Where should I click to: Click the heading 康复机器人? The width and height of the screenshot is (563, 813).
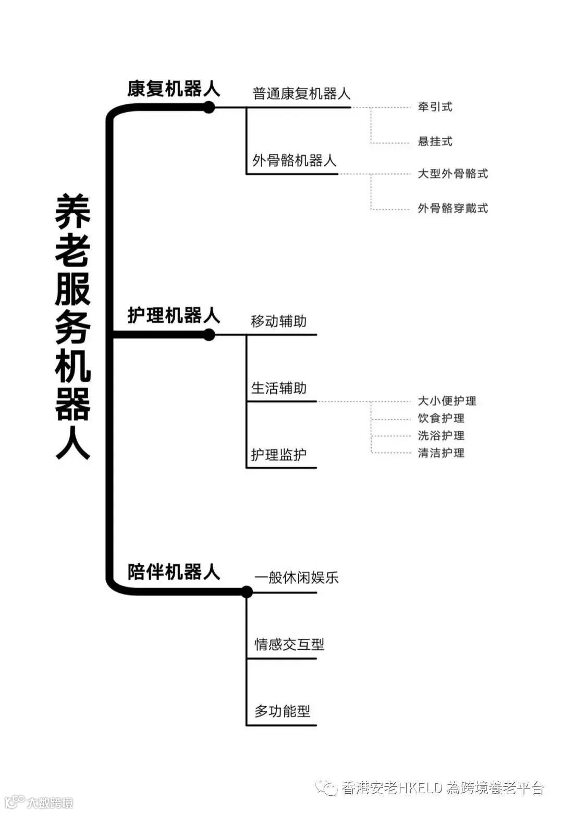[x=174, y=89]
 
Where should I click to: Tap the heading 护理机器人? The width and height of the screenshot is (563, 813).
[x=174, y=316]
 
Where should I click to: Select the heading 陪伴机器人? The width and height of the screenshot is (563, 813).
[x=174, y=572]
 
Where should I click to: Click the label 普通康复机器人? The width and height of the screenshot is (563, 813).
[x=301, y=94]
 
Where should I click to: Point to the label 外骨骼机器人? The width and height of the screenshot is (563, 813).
[x=295, y=161]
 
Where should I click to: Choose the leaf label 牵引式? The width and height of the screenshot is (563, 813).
[x=435, y=107]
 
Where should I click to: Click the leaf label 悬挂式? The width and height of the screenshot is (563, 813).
[x=435, y=141]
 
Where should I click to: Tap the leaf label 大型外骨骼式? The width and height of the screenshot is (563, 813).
[x=452, y=174]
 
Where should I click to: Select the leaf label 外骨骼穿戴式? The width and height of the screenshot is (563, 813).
[x=452, y=208]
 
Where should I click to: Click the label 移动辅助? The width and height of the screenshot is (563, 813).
[x=279, y=321]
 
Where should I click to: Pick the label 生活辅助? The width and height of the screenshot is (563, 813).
[x=279, y=388]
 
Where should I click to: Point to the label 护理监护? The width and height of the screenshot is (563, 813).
[x=279, y=455]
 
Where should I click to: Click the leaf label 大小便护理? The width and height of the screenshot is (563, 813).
[x=447, y=401]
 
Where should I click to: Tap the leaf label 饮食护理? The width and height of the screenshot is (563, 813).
[x=441, y=418]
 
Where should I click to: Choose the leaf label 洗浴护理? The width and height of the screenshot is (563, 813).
[x=441, y=435]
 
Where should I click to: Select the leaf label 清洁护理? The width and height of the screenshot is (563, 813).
[x=441, y=453]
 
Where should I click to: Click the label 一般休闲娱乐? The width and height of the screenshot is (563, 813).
[x=296, y=578]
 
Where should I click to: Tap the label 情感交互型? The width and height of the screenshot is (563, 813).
[x=289, y=645]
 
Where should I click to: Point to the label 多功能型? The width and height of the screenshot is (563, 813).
[x=282, y=711]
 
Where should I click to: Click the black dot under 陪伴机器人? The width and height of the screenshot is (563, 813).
[x=247, y=592]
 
